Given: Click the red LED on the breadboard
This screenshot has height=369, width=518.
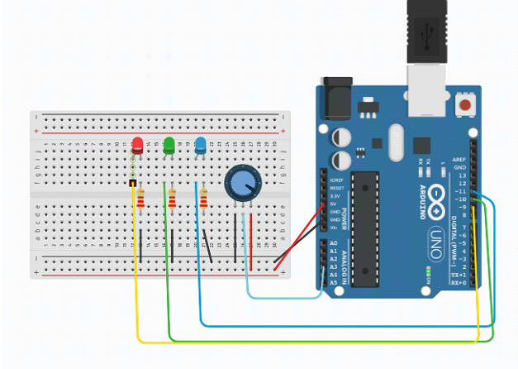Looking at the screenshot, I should coord(137,146).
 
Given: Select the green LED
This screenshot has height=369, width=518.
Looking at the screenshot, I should coord(169,146).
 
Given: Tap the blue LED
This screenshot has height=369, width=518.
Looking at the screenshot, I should coord(200,146).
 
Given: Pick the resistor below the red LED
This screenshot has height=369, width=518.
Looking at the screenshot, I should coord(141,199).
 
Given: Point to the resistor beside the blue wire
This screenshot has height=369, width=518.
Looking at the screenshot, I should coord(203,199).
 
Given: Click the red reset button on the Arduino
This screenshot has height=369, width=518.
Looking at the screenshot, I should coord(468,106).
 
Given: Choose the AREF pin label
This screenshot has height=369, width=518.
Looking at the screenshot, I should coord(459,159).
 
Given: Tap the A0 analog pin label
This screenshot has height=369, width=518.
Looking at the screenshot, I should coord(334,242).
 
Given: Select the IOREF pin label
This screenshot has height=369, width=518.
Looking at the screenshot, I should coord(335,180).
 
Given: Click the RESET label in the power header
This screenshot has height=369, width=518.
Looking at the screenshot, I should coord(335,188).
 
